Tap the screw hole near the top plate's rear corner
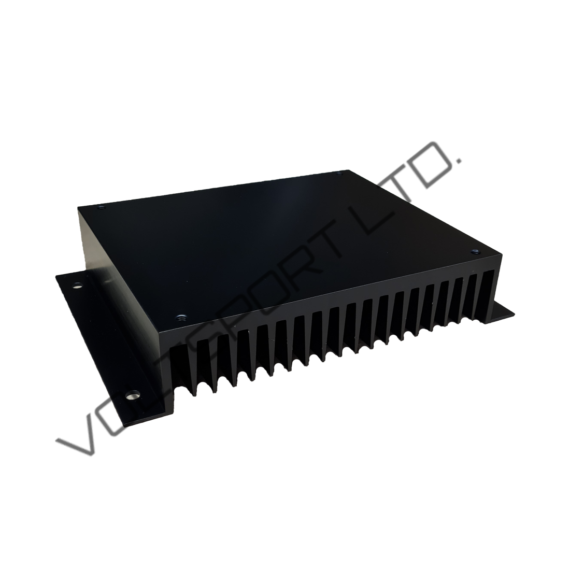[339, 174]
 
